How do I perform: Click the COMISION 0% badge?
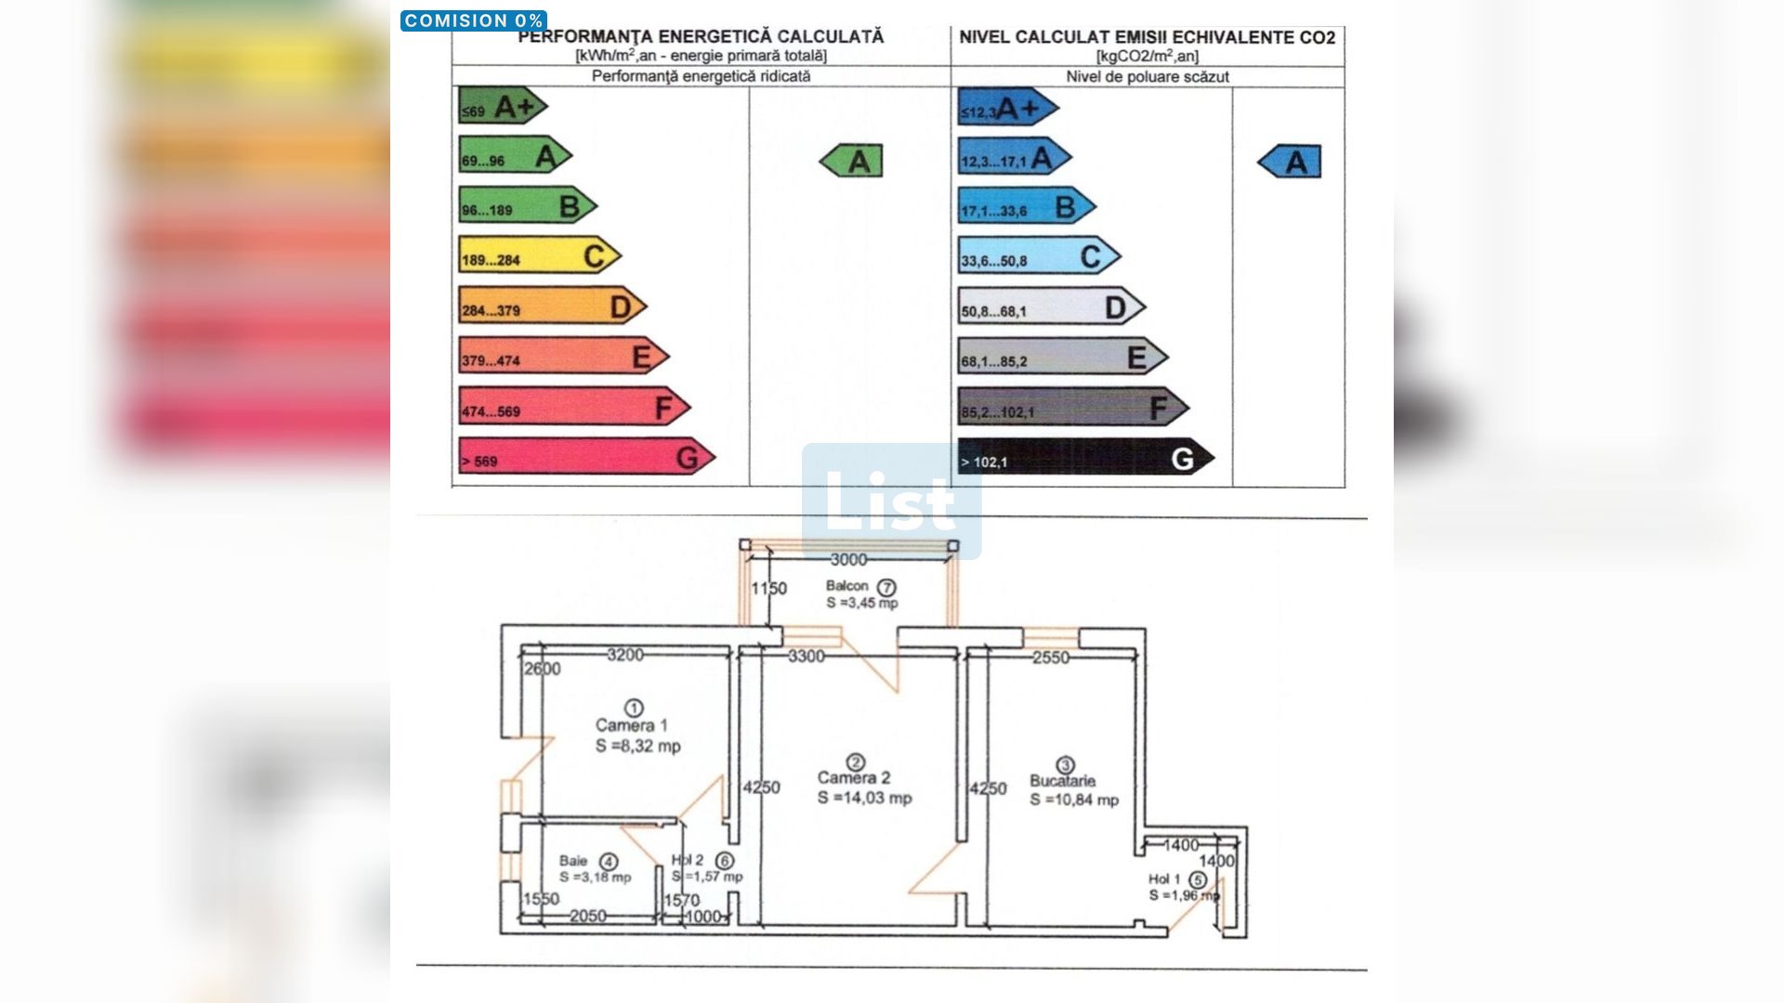click(x=473, y=20)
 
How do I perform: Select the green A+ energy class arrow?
click(x=502, y=107)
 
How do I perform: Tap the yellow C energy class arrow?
click(x=539, y=256)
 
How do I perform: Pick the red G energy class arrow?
click(x=585, y=458)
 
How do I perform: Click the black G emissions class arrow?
click(x=1085, y=458)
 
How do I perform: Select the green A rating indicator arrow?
click(x=852, y=162)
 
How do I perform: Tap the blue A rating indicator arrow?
click(x=1290, y=163)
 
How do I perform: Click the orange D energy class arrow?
click(x=552, y=306)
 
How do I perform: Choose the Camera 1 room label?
click(x=631, y=725)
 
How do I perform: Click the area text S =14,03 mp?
click(x=864, y=799)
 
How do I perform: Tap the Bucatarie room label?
click(x=1062, y=781)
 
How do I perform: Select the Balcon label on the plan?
click(x=846, y=586)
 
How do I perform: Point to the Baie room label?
click(x=573, y=861)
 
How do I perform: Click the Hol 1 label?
click(x=1164, y=879)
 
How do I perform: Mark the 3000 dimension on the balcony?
click(x=848, y=560)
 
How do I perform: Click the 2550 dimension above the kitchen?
click(x=1051, y=658)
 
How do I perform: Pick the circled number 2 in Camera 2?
click(x=856, y=762)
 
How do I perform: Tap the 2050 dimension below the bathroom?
click(x=587, y=917)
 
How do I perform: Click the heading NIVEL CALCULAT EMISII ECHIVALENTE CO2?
click(x=1147, y=37)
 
